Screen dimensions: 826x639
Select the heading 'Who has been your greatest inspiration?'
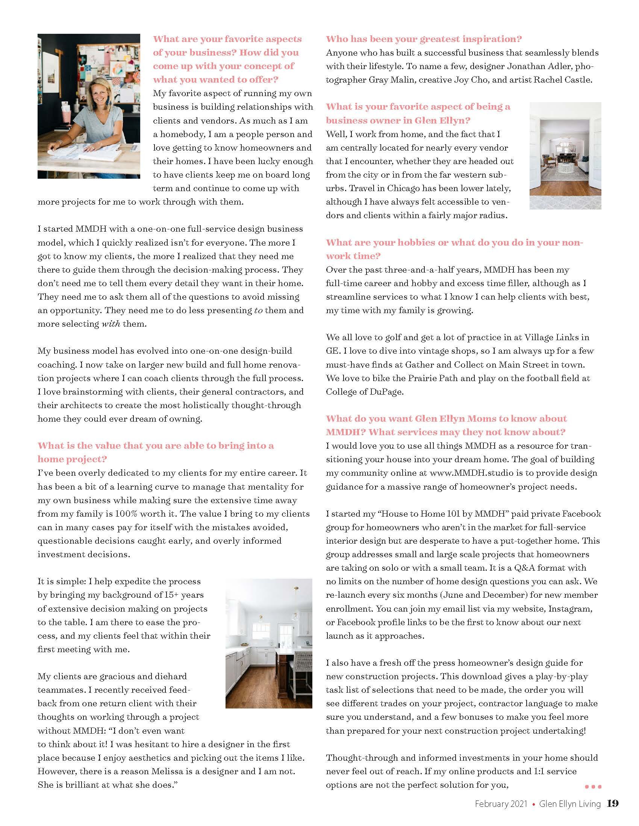[x=424, y=39]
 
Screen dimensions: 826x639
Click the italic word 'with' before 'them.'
[x=111, y=324]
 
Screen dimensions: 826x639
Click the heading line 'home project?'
[x=72, y=459]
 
